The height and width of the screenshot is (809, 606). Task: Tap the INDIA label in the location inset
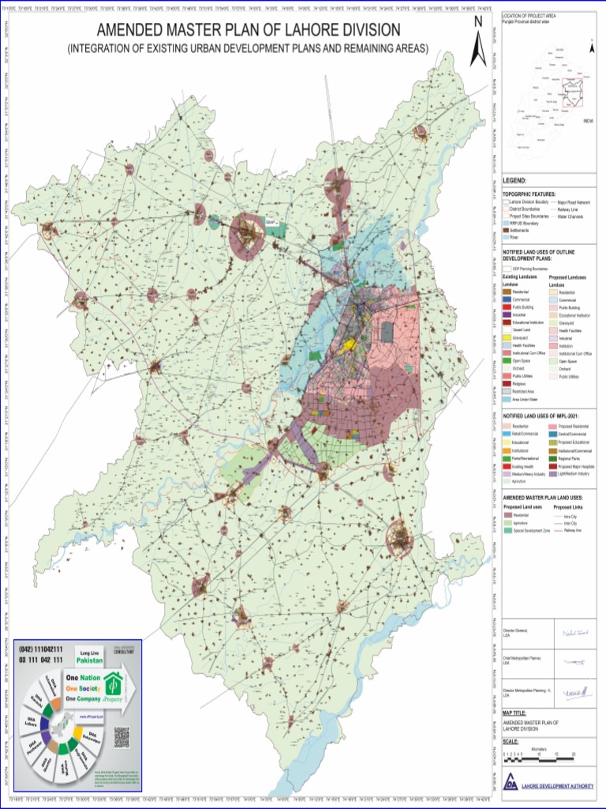(x=587, y=121)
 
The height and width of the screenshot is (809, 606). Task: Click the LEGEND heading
(x=514, y=181)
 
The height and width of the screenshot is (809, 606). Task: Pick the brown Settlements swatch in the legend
(x=506, y=230)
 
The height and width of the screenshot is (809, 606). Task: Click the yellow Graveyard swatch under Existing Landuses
(x=507, y=337)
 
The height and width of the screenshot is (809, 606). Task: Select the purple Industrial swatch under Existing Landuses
(x=507, y=314)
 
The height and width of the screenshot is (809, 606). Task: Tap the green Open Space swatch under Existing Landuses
(x=507, y=361)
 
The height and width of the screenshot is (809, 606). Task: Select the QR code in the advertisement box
(x=121, y=736)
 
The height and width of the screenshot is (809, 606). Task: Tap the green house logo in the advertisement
(x=115, y=687)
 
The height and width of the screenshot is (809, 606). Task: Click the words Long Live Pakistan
(x=93, y=654)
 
